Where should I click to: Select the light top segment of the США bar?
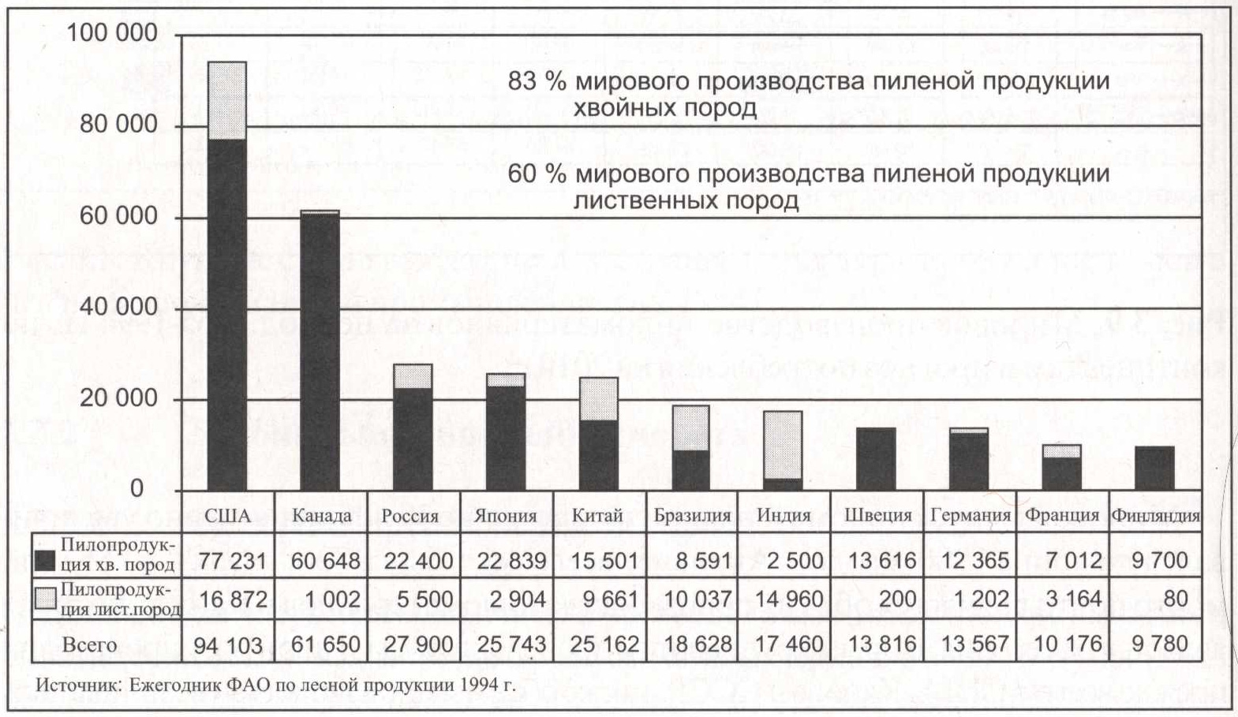point(226,100)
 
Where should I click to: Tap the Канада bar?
point(320,351)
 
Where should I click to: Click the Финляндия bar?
point(1154,469)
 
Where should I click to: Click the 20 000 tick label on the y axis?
point(118,398)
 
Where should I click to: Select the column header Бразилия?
point(692,516)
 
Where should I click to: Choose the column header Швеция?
point(877,516)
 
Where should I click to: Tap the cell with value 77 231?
point(233,561)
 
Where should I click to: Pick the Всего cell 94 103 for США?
point(228,645)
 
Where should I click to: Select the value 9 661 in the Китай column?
point(604,599)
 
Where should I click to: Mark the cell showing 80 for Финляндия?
point(1175,599)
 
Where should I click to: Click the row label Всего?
point(89,644)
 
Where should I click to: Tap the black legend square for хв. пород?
point(46,560)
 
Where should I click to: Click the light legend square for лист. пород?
point(46,599)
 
